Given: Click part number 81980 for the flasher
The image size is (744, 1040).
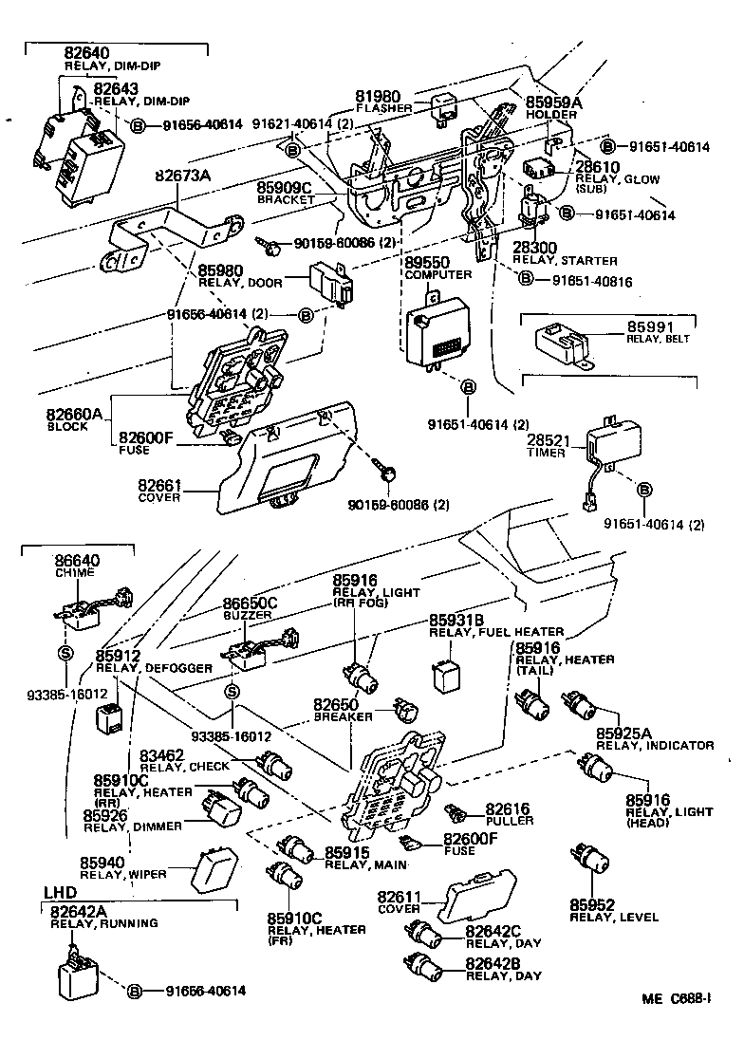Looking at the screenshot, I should [x=379, y=96].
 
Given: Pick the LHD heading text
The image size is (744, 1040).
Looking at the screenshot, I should [x=61, y=892].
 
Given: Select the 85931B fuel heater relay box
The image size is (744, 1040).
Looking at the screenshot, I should [x=448, y=674].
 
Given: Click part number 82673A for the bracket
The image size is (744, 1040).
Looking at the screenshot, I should [x=187, y=176].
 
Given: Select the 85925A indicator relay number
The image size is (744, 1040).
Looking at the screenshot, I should [x=623, y=734].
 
